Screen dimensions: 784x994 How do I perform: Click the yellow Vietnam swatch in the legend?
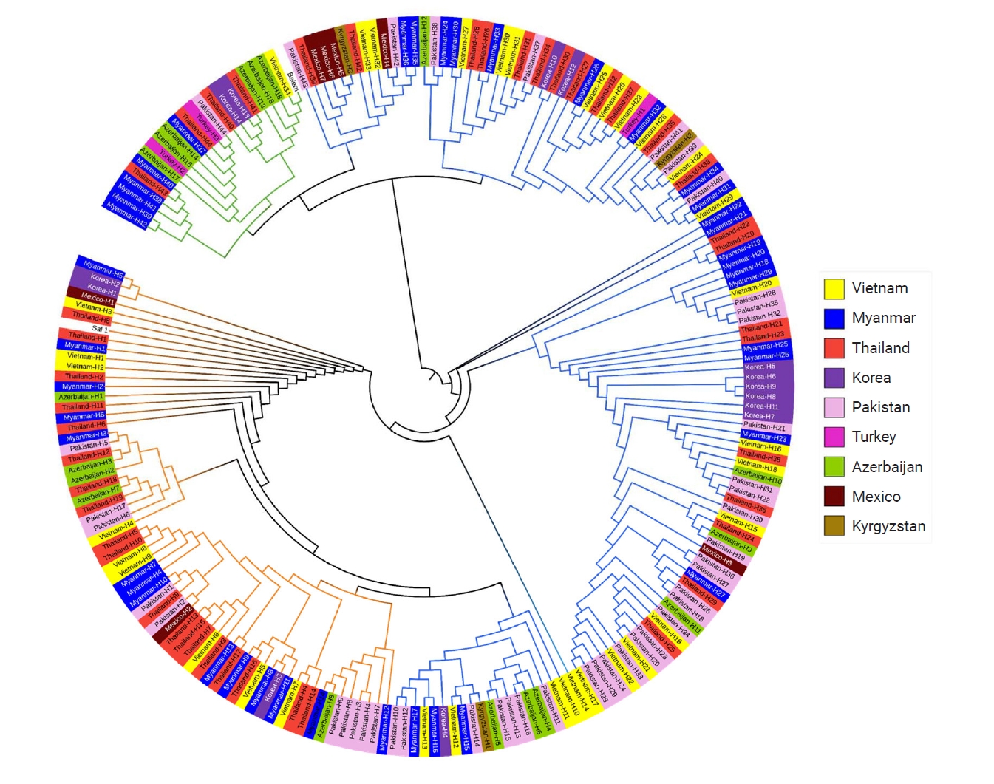click(x=834, y=288)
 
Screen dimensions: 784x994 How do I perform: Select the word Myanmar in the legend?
click(x=883, y=318)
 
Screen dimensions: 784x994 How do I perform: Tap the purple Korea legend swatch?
click(x=834, y=378)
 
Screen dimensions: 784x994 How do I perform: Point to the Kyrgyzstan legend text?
click(x=888, y=526)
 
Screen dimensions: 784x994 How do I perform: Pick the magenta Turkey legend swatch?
click(x=834, y=437)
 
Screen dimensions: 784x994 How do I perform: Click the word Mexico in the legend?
click(x=876, y=497)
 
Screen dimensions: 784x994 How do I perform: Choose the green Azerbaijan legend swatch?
click(x=834, y=466)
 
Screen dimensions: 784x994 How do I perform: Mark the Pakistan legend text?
click(x=880, y=407)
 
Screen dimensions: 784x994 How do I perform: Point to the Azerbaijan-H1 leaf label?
click(x=81, y=397)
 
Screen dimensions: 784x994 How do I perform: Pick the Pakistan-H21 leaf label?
click(x=764, y=426)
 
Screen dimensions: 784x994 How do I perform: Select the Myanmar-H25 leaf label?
click(x=765, y=346)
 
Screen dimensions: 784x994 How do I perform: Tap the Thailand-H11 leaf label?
click(x=82, y=406)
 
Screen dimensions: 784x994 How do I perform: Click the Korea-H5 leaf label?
click(x=760, y=367)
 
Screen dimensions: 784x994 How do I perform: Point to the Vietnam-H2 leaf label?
click(x=85, y=367)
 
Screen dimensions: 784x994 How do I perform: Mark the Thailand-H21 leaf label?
click(x=761, y=326)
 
